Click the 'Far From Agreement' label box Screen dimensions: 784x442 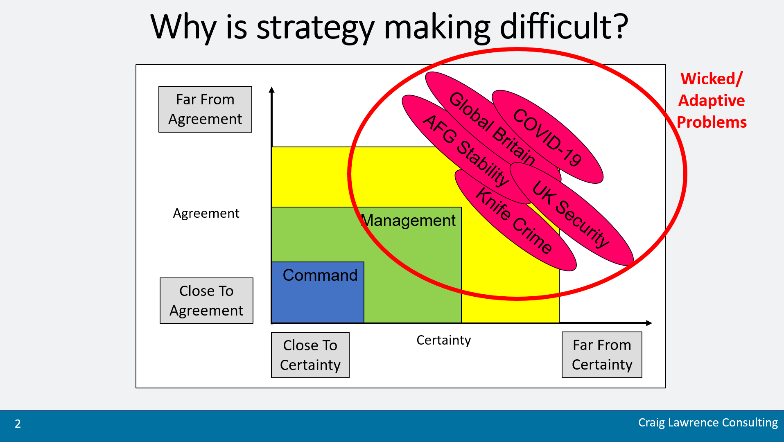point(205,109)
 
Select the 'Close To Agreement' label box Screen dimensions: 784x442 point(206,301)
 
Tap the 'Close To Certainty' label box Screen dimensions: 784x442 point(310,355)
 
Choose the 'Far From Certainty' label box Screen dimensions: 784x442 point(602,355)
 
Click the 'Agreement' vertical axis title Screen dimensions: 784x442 point(206,213)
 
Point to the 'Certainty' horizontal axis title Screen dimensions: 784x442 point(444,340)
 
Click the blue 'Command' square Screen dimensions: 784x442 point(318,292)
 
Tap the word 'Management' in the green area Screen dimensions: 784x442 point(409,221)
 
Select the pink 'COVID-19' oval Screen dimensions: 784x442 point(547,137)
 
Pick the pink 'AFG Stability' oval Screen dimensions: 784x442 point(467,149)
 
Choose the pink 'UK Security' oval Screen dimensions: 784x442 point(572,214)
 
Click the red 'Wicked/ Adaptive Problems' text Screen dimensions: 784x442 point(712,100)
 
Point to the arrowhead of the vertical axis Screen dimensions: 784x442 point(271,90)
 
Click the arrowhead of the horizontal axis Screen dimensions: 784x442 point(649,323)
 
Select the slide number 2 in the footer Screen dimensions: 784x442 point(18,424)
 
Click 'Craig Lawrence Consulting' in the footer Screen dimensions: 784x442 point(708,422)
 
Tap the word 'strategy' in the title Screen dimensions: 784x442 point(315,28)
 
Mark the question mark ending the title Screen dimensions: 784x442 point(620,26)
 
